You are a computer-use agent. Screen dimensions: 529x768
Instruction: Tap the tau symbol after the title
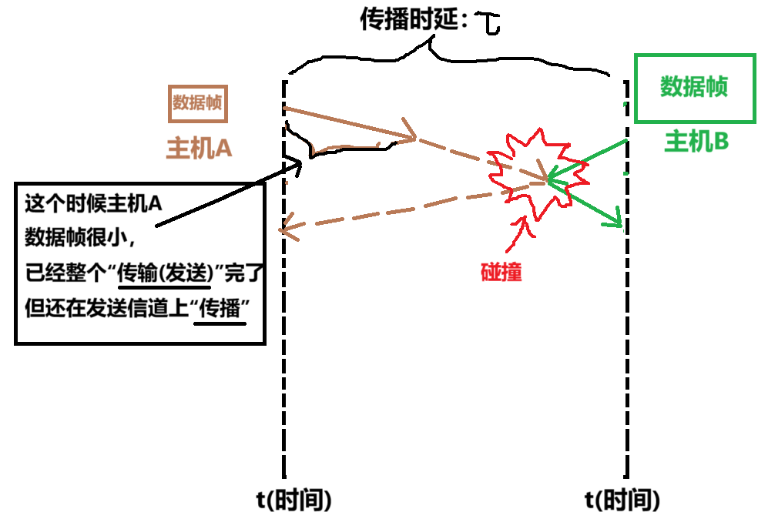coord(488,24)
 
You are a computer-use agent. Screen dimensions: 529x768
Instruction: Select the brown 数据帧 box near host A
coord(198,103)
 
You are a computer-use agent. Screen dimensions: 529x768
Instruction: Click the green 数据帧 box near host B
coord(694,88)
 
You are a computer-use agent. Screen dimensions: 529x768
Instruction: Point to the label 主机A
coord(200,147)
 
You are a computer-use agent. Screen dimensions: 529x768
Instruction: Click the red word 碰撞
coord(501,273)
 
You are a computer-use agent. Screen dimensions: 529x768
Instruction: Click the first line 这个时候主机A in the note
coord(93,204)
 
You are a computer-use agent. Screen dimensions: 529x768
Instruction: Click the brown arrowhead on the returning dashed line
coord(286,226)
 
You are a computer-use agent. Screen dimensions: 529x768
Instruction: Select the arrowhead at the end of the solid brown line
coord(409,137)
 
